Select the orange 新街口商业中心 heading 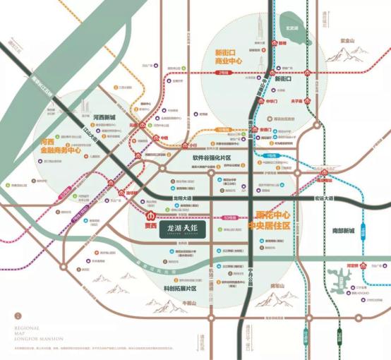pos(229,57)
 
